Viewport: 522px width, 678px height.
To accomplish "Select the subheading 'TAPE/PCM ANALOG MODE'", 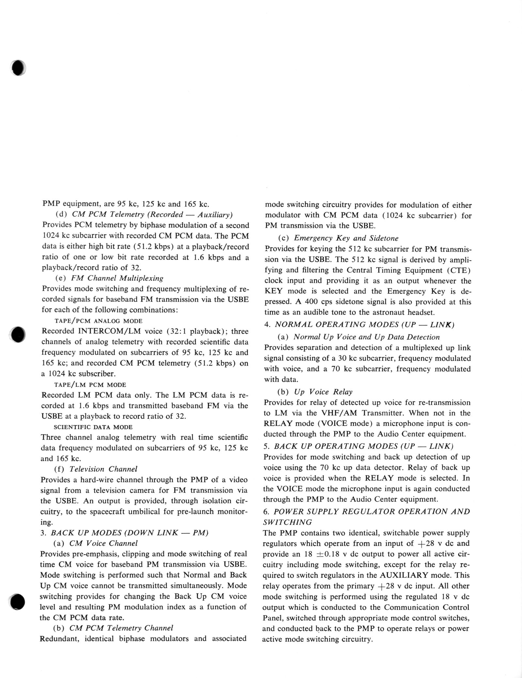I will pos(98,321).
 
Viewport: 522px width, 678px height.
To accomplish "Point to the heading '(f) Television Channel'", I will pos(96,469).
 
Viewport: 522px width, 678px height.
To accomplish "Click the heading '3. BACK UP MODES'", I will pos(124,533).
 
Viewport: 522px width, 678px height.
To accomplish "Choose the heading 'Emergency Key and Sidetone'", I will pos(346,238).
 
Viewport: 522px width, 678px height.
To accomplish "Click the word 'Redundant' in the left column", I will pos(60,639).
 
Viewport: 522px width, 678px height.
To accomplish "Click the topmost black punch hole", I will pos(19,68).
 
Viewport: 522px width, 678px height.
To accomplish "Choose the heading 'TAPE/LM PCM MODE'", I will pos(90,384).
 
